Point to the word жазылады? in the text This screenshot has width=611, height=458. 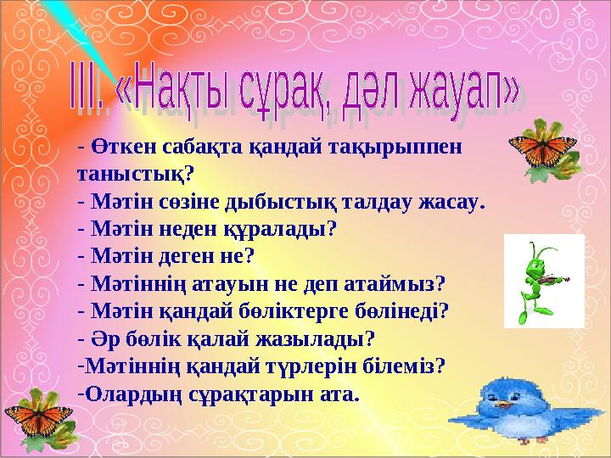pos(326,338)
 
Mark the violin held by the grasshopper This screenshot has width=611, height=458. pos(556,277)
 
